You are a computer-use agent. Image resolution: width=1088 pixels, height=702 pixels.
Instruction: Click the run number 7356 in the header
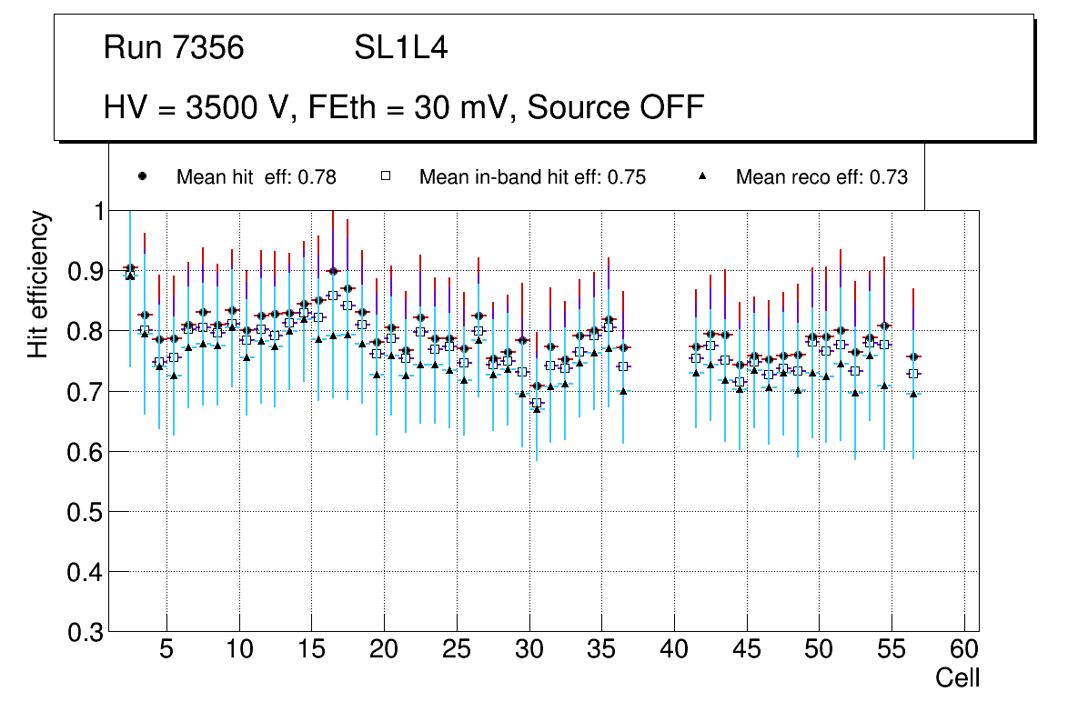tap(209, 48)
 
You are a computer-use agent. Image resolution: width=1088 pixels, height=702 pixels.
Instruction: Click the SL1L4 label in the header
tap(401, 48)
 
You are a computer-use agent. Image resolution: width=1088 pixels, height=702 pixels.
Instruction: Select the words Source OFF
tap(616, 107)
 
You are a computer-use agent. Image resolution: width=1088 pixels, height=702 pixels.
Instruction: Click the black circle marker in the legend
tap(142, 177)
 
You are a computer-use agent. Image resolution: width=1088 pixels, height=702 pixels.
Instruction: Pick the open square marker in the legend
tap(385, 177)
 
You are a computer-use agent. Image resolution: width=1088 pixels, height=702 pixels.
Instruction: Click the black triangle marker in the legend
tap(701, 177)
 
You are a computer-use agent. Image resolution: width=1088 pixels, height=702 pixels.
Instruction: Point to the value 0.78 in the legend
tap(317, 177)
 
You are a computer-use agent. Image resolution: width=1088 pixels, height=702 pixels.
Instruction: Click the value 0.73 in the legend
tap(889, 177)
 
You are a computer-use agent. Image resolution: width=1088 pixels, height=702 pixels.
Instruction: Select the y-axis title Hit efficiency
tap(38, 284)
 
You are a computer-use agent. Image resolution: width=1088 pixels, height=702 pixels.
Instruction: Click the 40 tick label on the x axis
tap(674, 650)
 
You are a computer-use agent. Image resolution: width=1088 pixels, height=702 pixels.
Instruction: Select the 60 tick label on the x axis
tap(964, 650)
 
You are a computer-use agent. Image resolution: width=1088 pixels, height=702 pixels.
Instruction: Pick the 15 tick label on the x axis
tap(311, 650)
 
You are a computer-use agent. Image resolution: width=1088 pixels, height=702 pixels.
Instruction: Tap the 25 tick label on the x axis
tap(457, 650)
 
